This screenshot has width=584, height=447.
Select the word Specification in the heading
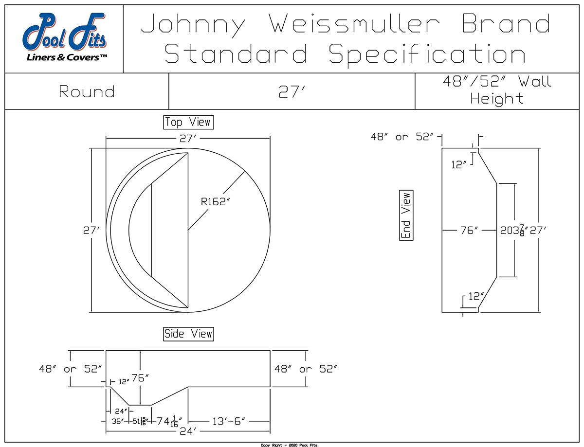coord(427,54)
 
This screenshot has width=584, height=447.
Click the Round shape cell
coord(87,91)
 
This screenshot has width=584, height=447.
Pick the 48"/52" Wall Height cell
coord(496,90)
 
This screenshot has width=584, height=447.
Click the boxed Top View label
coord(188,122)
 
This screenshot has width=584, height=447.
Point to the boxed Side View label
coord(188,334)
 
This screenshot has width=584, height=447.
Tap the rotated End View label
coord(406,215)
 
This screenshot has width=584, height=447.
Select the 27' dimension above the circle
coord(188,139)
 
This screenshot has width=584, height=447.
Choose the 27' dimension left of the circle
coord(91,231)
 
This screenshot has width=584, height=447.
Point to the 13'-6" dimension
coord(229,421)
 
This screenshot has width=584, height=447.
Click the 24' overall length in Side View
coord(188,431)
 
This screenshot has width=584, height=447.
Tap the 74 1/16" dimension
coord(169,421)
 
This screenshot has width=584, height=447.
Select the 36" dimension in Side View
coord(117,421)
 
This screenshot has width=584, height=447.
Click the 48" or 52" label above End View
coord(402,137)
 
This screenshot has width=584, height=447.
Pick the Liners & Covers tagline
coord(67,58)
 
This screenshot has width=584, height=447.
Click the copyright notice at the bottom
coord(289,445)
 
